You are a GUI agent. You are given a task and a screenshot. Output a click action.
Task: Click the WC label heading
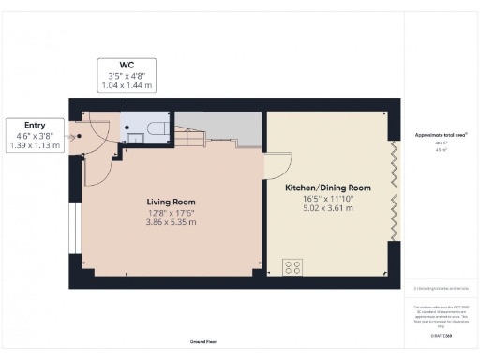[126, 64]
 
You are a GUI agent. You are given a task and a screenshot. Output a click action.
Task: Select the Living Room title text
[171, 202]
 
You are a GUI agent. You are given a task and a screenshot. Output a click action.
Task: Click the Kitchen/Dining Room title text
[328, 187]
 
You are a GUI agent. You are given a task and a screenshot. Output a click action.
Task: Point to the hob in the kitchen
[292, 266]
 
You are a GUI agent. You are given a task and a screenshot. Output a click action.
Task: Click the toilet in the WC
[158, 128]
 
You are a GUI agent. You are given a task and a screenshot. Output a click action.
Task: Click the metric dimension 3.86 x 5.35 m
[171, 222]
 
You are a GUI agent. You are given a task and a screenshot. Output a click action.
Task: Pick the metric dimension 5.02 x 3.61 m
[328, 208]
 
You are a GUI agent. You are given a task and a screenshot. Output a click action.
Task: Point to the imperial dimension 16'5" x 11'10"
[328, 198]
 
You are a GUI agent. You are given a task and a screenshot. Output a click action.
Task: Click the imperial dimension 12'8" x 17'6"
[171, 212]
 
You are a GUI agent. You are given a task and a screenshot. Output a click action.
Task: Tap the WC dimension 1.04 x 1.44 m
[126, 84]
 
